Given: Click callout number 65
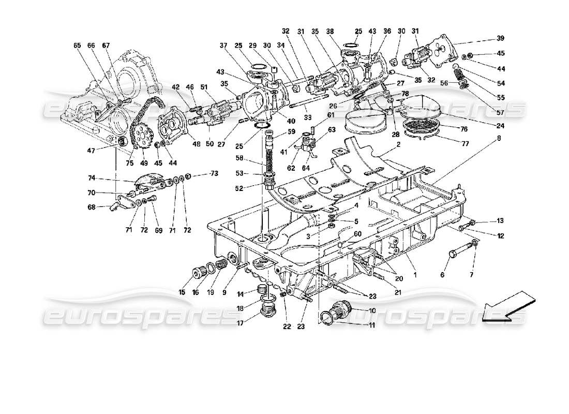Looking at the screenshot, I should pos(78,46).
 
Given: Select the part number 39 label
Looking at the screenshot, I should pos(501,38).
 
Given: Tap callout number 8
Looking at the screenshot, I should pos(499,138).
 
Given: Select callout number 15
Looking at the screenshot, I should pos(182,292).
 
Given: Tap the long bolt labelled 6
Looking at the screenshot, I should pos(458,253).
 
